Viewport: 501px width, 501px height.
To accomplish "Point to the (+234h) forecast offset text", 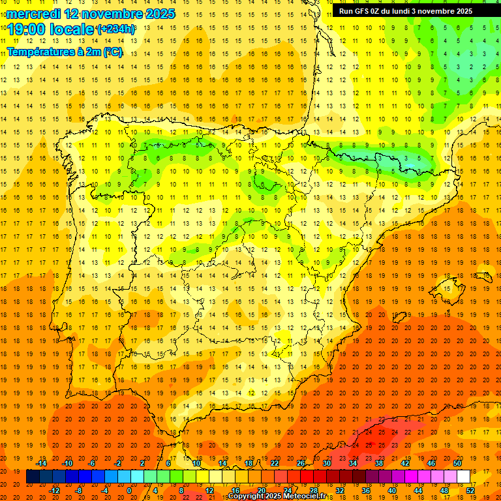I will pos(115,29).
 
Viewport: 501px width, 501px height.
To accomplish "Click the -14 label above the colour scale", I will pos(41,463).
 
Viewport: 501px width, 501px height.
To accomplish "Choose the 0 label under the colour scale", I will pos(129,491).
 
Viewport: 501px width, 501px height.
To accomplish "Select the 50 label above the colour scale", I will pos(457,463).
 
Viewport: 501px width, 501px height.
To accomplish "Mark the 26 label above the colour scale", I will pos(301,463).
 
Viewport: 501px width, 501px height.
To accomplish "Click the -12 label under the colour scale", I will pos(54,491).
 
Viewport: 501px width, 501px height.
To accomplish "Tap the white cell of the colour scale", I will pos(463,477).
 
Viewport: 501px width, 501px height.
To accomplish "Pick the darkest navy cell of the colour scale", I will pos(33,477).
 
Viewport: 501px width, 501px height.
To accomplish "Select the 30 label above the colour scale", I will pos(327,463).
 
